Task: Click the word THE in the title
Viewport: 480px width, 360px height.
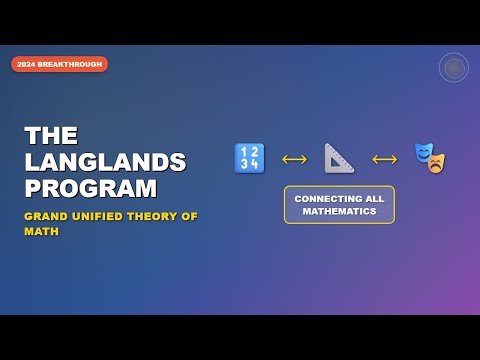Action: (51, 136)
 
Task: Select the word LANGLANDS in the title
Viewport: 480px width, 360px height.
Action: (105, 162)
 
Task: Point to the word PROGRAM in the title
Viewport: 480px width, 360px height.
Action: (91, 188)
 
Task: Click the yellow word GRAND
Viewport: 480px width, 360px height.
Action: (44, 216)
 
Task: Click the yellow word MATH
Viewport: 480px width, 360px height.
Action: (41, 231)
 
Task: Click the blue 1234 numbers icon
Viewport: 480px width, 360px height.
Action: (249, 158)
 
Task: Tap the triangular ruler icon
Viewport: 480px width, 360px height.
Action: (339, 158)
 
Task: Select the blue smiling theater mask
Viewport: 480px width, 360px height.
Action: (425, 153)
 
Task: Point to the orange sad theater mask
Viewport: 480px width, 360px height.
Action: (435, 163)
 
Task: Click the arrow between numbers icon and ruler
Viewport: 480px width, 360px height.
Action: (294, 158)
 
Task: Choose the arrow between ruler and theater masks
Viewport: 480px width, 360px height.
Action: (384, 158)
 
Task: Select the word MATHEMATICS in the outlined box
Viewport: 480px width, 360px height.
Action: (339, 211)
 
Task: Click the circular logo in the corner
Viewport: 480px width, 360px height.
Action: (453, 67)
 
